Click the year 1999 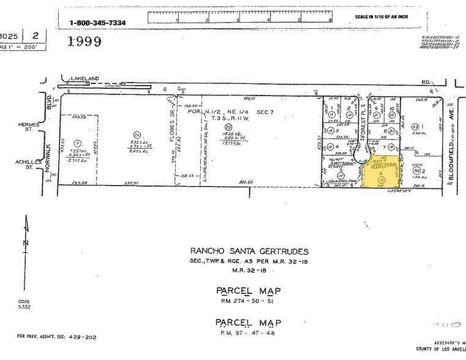click(x=85, y=42)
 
